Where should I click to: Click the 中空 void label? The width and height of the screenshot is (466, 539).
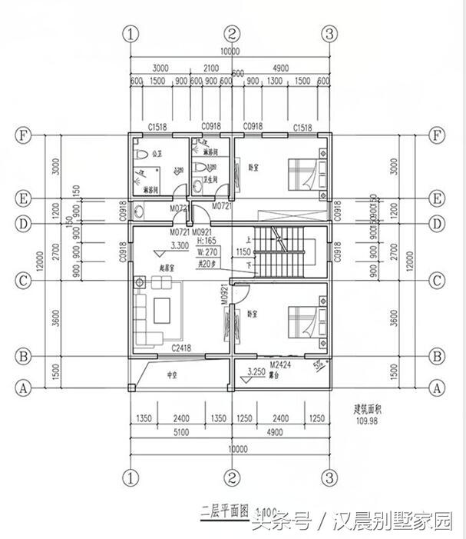click(x=173, y=378)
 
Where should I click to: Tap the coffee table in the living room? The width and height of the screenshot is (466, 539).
click(x=163, y=310)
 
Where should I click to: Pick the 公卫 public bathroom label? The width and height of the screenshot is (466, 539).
click(x=156, y=152)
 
